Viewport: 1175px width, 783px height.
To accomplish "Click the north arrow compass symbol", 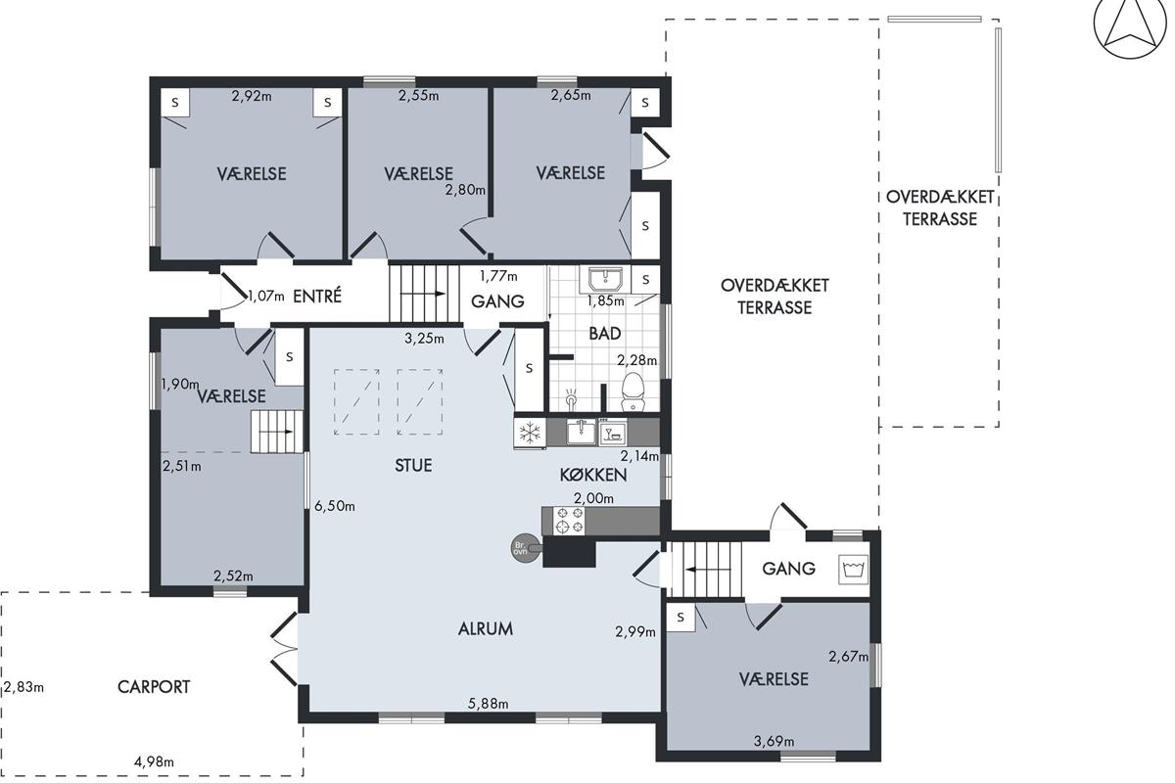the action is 1130,29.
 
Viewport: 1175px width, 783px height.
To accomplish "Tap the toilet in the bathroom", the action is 633,391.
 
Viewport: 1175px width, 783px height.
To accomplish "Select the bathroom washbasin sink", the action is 605,279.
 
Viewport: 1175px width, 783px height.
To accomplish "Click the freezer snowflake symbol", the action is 530,434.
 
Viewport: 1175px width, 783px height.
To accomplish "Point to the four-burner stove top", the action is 569,521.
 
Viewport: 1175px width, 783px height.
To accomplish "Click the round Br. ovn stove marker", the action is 521,548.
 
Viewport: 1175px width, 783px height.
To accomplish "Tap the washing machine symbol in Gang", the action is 853,569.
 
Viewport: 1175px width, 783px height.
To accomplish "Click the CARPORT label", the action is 154,687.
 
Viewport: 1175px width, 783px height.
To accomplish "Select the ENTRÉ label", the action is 317,297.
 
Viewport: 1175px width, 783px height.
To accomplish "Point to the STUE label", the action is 413,465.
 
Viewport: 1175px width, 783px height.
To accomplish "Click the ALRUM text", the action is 486,628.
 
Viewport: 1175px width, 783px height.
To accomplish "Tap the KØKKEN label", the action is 593,475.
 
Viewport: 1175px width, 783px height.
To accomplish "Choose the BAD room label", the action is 605,333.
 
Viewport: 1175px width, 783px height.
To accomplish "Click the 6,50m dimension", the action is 335,506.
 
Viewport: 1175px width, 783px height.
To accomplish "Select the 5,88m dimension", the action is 488,704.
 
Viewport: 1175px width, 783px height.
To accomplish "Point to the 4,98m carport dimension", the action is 155,761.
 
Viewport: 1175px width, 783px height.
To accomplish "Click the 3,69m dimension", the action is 774,741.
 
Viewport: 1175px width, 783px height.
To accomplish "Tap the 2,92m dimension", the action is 252,96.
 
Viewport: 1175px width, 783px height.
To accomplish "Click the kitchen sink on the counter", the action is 582,433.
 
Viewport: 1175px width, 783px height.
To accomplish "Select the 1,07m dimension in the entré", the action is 266,297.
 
